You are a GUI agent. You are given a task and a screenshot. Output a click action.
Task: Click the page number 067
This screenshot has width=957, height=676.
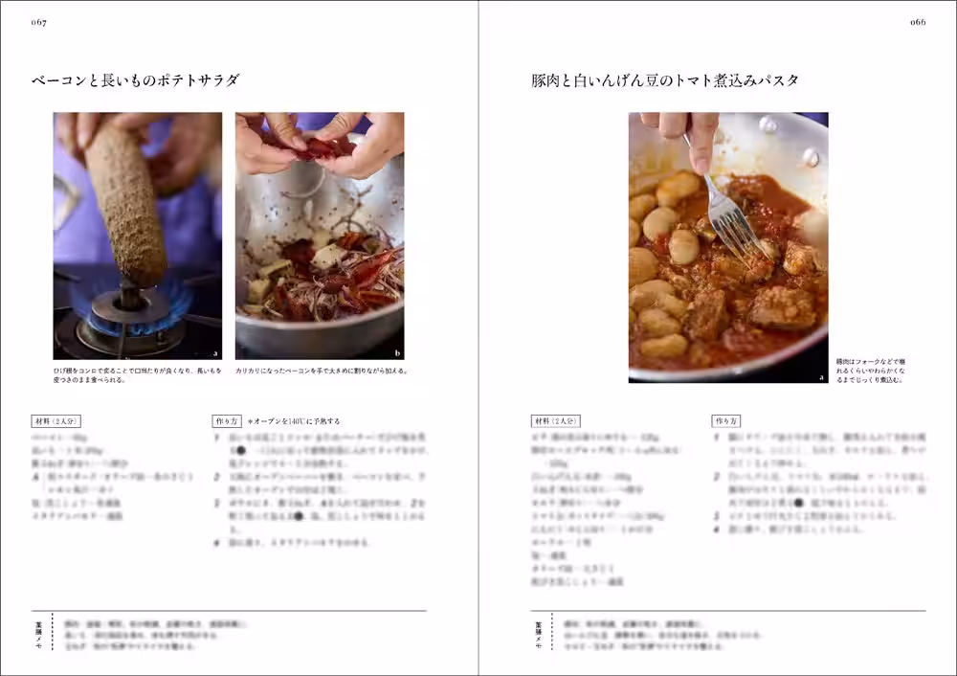click(39, 22)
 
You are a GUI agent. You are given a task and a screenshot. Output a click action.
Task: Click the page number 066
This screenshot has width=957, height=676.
click(917, 22)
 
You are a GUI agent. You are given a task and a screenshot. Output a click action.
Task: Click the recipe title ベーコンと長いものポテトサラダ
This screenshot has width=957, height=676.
click(135, 80)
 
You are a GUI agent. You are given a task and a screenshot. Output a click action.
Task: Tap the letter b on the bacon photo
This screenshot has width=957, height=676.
click(397, 352)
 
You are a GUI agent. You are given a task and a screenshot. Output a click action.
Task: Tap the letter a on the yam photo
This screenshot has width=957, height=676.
click(215, 352)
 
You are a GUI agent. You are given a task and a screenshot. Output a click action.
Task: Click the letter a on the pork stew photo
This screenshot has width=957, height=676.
click(821, 376)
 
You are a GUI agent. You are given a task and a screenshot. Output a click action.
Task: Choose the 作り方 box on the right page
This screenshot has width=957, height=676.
click(725, 420)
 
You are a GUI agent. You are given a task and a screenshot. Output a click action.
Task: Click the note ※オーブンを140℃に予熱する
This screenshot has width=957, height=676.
click(294, 421)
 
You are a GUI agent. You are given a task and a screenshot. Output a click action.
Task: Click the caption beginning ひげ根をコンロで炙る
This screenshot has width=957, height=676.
click(137, 374)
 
